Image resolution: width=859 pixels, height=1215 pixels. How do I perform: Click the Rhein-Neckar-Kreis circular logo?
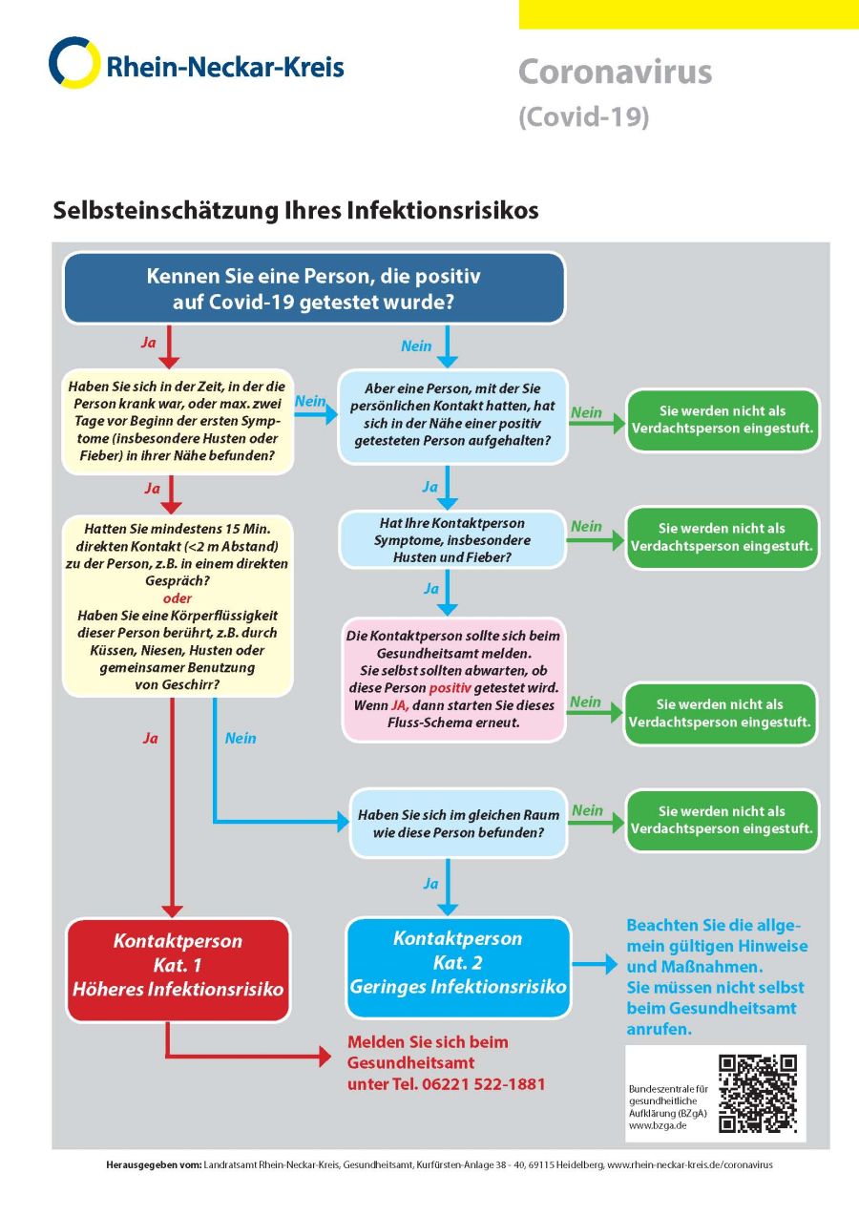point(73,63)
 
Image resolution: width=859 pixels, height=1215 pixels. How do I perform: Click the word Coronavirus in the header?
point(615,72)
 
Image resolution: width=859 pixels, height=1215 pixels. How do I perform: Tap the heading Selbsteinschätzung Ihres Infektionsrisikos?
point(296,210)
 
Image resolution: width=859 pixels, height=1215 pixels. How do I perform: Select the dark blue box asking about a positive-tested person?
point(314,288)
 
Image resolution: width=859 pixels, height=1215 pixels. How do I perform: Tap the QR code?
point(758,1094)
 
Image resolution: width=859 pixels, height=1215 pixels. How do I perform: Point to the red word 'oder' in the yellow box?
point(178,599)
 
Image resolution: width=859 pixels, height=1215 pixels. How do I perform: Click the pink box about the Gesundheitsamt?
point(453,679)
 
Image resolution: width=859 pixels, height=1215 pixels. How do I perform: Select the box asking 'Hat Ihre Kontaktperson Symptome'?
point(453,539)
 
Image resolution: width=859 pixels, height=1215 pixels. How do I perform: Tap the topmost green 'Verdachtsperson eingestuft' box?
point(723,419)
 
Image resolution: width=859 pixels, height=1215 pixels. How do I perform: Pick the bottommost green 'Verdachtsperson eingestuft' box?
point(723,820)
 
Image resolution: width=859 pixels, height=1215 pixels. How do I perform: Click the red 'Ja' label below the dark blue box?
point(148,341)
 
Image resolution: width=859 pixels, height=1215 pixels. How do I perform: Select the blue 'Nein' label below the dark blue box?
point(416,346)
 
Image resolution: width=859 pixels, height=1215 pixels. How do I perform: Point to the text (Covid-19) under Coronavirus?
point(583,117)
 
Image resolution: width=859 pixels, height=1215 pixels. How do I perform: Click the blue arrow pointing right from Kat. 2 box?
point(596,965)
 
